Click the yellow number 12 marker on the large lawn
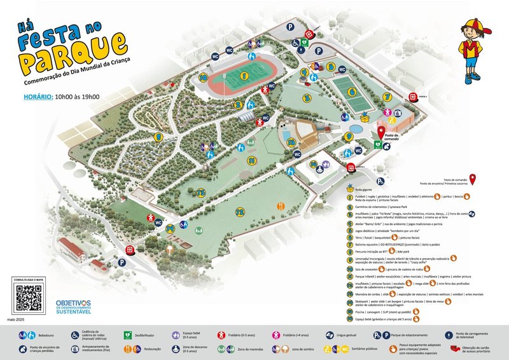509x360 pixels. [x=240, y=212]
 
